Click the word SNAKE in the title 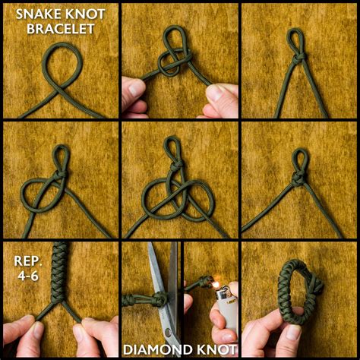click(39, 14)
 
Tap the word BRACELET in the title click(61, 29)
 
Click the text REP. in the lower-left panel click(28, 261)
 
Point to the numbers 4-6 click(28, 276)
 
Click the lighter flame click(215, 285)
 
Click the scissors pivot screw click(168, 332)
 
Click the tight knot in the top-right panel click(298, 59)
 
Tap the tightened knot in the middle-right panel click(298, 178)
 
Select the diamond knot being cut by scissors click(160, 298)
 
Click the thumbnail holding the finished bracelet click(294, 332)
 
